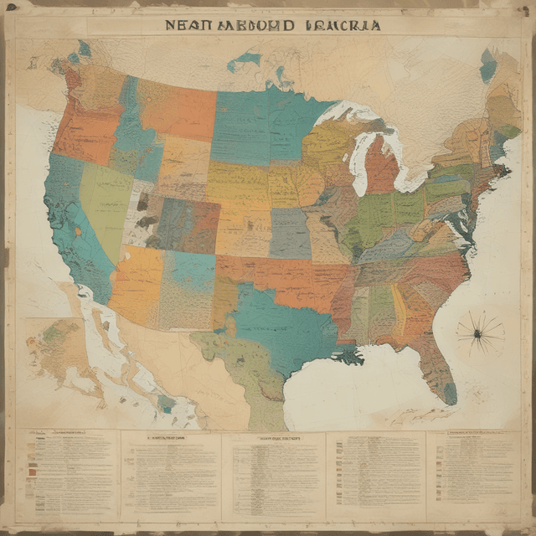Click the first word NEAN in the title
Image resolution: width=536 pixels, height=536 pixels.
click(x=185, y=25)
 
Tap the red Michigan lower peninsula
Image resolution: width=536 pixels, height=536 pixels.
click(x=381, y=168)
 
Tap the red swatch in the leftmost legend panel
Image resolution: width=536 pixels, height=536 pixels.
click(x=32, y=472)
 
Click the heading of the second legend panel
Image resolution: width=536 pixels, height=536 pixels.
click(x=168, y=437)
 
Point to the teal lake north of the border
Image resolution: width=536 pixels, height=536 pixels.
click(x=244, y=59)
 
